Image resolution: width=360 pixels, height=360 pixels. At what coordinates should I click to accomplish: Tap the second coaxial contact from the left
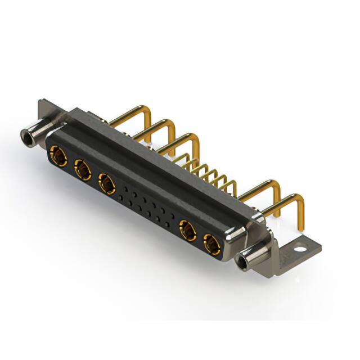pos(82,169)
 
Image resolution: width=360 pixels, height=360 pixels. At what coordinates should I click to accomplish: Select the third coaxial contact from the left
pos(107,183)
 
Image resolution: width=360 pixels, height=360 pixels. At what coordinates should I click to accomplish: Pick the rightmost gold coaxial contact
pos(212,245)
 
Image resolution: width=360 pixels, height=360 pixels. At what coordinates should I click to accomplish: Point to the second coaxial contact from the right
pos(187,231)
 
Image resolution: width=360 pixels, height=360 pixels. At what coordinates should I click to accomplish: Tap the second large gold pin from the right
pos(264,188)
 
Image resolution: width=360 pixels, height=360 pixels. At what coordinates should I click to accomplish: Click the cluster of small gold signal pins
pos(211,172)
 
